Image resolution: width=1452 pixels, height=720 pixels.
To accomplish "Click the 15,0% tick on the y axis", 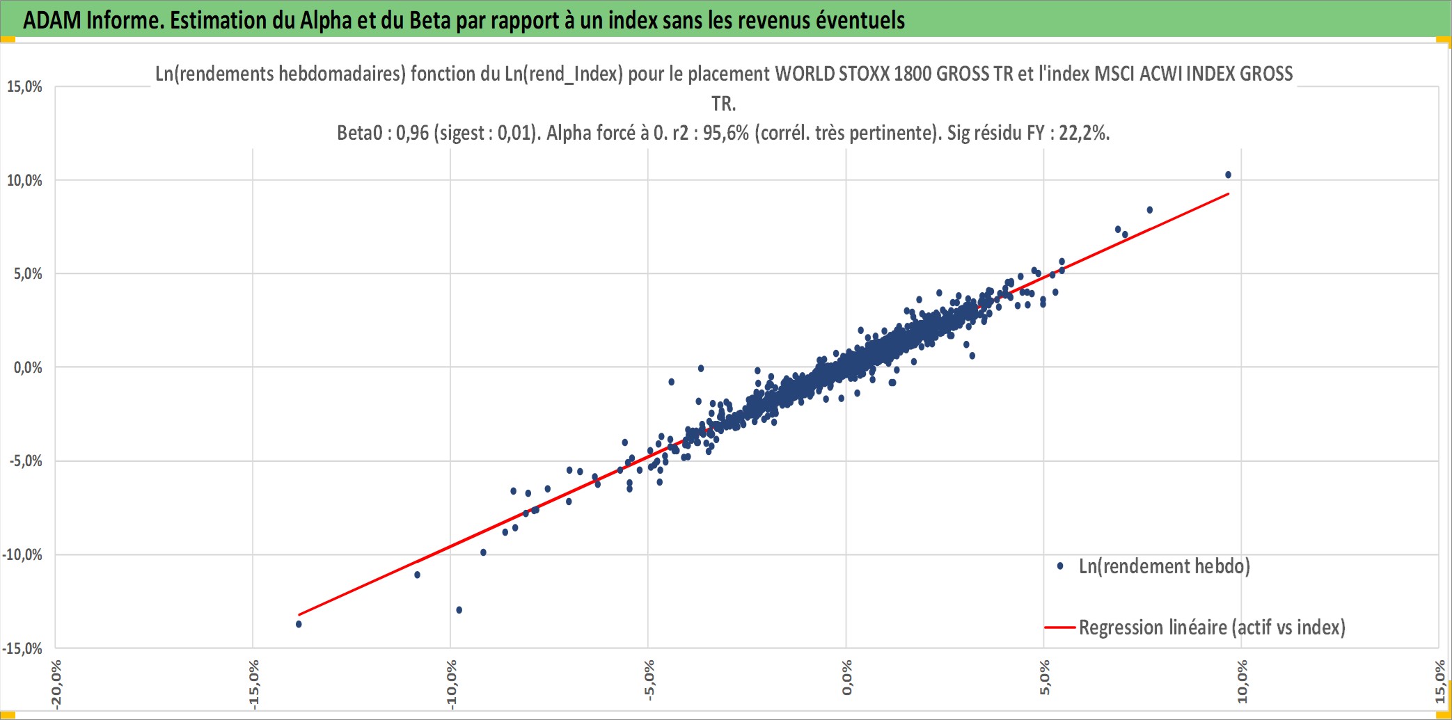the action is click(x=24, y=87).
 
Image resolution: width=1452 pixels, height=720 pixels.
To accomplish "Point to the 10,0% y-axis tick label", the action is click(x=24, y=181).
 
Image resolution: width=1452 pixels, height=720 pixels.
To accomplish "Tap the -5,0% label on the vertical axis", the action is click(x=26, y=461).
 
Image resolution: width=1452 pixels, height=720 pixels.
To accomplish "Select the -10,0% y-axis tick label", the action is click(x=22, y=555).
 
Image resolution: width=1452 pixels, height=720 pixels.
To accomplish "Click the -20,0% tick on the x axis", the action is click(x=56, y=685).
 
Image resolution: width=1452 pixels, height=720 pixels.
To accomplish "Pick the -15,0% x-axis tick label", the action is click(x=254, y=685).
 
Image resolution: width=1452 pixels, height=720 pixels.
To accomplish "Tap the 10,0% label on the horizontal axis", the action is click(x=1242, y=682).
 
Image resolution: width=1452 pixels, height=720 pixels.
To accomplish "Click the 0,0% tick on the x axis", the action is click(x=847, y=678).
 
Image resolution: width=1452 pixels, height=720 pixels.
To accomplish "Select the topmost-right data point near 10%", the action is click(x=1228, y=175).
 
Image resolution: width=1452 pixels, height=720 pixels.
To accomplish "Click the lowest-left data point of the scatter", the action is click(x=299, y=624).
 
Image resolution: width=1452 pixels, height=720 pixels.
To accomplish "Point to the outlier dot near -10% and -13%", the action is click(x=459, y=610).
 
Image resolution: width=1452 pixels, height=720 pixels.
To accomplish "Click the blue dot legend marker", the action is click(x=1060, y=566).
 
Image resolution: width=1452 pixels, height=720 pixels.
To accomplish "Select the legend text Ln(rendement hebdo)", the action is click(x=1165, y=566).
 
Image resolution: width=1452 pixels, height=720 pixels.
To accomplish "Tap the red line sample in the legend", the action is click(x=1060, y=627).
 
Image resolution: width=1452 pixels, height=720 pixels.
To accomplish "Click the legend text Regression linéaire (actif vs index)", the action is click(x=1212, y=627).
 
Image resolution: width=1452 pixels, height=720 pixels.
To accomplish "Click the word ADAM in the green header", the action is click(x=52, y=20).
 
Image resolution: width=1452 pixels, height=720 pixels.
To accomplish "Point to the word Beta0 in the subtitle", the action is click(x=360, y=132).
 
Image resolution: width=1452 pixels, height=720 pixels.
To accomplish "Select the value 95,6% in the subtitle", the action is click(x=726, y=132).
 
